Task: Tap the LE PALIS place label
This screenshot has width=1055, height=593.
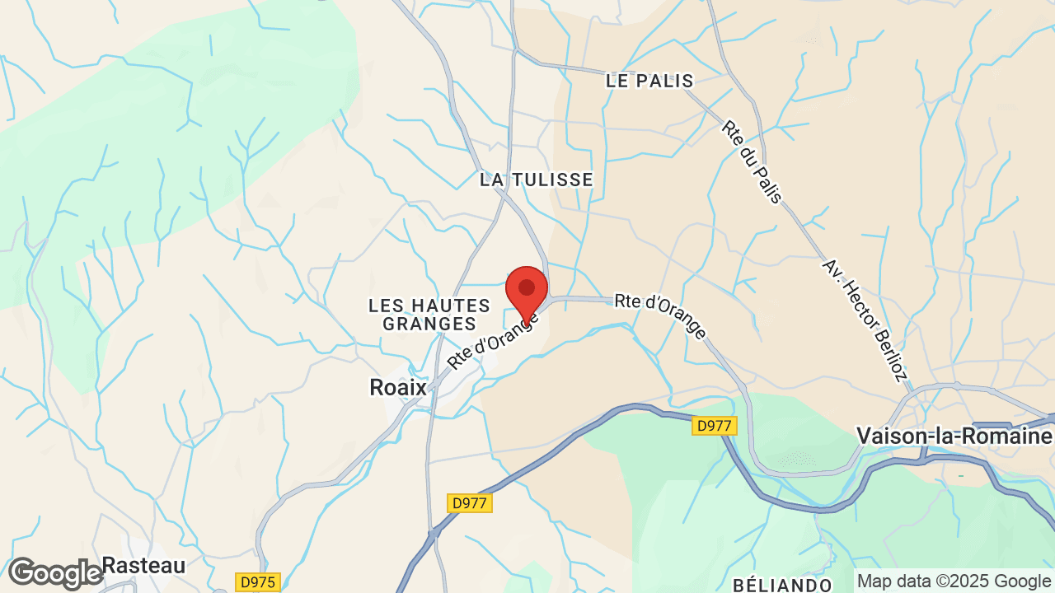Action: [649, 81]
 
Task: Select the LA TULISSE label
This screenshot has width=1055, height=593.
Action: [537, 180]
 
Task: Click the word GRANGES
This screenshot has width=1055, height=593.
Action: [429, 325]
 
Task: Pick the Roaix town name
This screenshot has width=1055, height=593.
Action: [398, 387]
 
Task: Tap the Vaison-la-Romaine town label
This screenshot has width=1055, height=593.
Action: [954, 436]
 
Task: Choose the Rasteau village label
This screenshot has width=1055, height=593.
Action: [143, 566]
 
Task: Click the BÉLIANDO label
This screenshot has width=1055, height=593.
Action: [782, 585]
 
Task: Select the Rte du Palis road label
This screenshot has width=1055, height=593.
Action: [751, 163]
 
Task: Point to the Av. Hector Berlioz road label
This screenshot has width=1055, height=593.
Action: [865, 320]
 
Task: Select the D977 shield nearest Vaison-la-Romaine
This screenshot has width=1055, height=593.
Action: [715, 426]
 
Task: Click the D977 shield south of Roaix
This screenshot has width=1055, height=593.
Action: [470, 502]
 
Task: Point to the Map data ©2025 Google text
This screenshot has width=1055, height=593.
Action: [954, 581]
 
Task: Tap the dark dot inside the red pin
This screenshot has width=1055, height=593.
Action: [527, 287]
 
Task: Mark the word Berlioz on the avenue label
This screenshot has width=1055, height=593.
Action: [886, 352]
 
